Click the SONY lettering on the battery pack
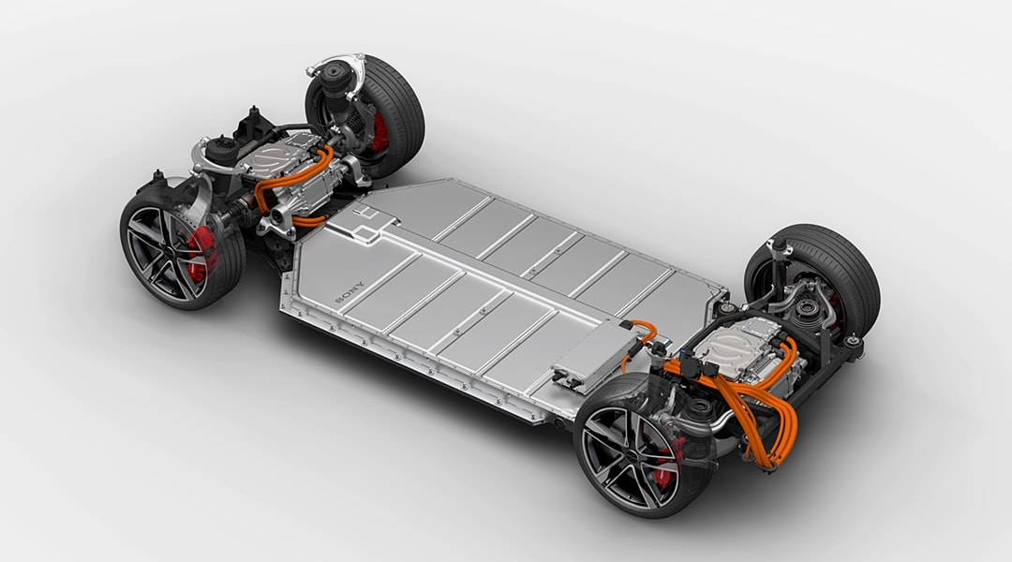pyautogui.click(x=350, y=291)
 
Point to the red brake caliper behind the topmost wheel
pyautogui.click(x=380, y=132)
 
